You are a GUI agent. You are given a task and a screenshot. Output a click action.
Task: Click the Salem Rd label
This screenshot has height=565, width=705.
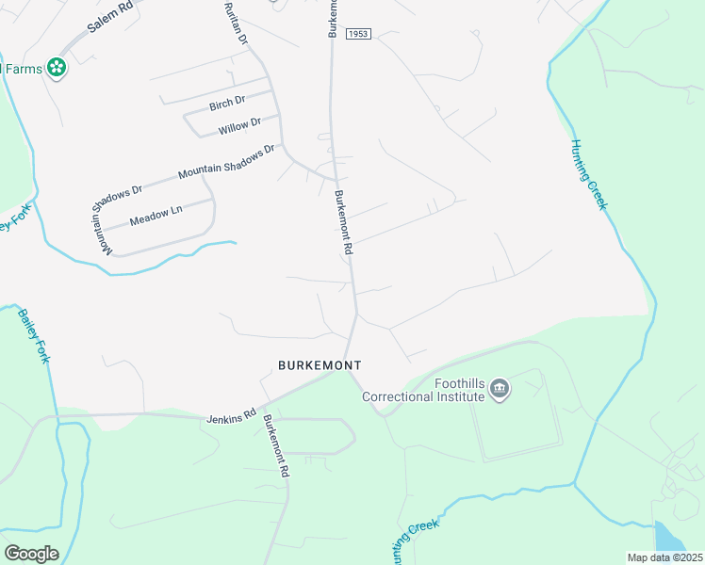click(x=110, y=18)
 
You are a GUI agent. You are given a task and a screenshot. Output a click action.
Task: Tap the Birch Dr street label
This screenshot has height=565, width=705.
click(x=227, y=101)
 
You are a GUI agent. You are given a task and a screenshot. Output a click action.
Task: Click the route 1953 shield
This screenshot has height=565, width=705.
click(x=357, y=33)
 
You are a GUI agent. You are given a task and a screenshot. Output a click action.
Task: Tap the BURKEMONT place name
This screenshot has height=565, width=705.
click(x=320, y=364)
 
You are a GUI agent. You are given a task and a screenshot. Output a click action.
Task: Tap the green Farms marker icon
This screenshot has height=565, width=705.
click(x=57, y=68)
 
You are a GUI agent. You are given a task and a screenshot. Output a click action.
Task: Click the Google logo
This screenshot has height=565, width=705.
click(x=31, y=554)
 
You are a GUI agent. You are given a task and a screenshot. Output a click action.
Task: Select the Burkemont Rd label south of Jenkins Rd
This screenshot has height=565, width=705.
click(x=276, y=445)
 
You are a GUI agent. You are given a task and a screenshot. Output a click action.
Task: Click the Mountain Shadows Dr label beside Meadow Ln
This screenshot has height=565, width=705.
click(x=117, y=219)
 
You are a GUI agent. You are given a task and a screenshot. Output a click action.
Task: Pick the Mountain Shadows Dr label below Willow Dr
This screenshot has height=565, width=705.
click(x=226, y=161)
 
